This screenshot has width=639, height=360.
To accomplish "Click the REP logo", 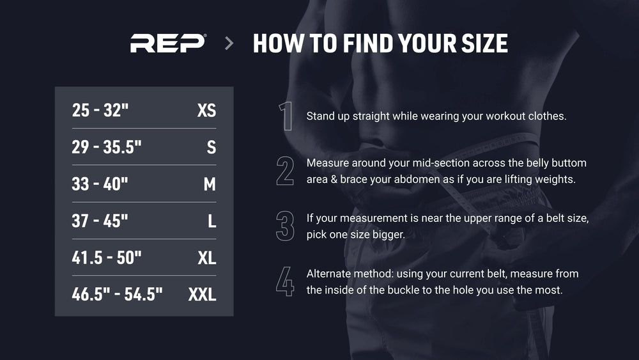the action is pos(168,43).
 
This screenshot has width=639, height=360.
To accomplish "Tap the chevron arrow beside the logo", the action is pos(229,43).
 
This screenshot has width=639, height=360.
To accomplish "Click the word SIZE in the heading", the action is pos(484,43).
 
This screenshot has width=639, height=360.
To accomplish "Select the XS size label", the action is pos(206,110).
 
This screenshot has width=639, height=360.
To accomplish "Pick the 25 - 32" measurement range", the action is pos(100,110).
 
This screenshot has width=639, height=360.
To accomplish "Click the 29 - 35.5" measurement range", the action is pos(107,147).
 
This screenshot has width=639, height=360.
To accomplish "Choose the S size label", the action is pos(212,147).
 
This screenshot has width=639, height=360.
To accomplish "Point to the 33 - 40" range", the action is pos(100,184).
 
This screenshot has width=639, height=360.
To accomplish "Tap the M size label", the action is pos(210,184).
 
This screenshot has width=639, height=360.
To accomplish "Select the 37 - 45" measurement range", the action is pos(100,221).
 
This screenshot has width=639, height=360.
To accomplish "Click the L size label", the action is pos(212,221).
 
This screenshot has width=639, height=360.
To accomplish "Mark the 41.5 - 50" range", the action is pos(107,258).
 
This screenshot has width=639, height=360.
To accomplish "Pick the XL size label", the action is pos(207,258).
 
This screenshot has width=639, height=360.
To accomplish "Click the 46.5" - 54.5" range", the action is pos(118,294).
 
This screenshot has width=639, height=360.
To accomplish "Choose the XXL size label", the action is pos(202,294).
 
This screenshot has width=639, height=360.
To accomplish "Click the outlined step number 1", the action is pos(287,116).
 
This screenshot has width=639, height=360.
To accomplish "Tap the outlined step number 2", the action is pos(285,171).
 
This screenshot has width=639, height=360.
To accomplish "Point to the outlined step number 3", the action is pos(285,226).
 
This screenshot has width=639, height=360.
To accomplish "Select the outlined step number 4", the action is pos(285,281).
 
